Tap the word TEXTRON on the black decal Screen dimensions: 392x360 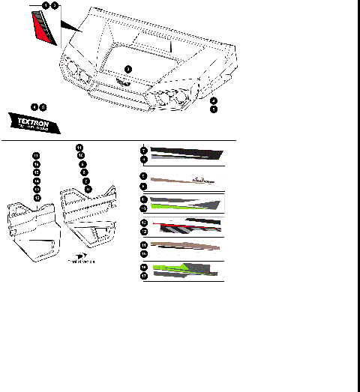point(35,118)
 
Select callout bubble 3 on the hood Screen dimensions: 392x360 point(127,69)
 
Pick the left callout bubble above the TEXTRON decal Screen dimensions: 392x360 point(34,107)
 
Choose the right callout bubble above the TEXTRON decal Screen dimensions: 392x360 point(43,107)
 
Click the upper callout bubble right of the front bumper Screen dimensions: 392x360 point(214,100)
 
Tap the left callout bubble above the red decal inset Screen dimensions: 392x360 point(46,5)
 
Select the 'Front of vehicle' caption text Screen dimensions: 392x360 point(82,262)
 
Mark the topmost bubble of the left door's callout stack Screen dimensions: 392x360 point(36,155)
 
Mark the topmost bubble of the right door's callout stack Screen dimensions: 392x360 point(80,148)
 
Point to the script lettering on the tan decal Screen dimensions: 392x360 point(200,179)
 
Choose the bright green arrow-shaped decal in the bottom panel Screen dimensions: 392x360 point(169,267)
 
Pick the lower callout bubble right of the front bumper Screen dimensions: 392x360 point(214,109)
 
